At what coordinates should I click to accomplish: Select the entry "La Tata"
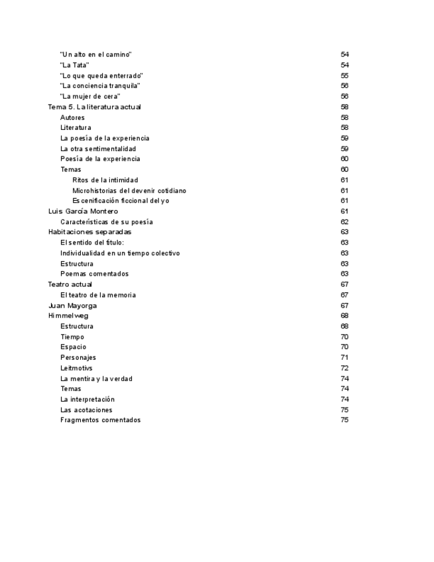(74, 65)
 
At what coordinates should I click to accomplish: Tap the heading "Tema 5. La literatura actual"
(94, 107)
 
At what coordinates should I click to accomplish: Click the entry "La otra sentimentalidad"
(98, 148)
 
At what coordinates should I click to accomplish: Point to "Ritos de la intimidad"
(105, 180)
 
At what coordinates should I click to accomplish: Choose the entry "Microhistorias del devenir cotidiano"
(129, 190)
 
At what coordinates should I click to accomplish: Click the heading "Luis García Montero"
(83, 211)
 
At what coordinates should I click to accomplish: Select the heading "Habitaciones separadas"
(89, 232)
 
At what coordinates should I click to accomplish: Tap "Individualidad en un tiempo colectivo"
(120, 253)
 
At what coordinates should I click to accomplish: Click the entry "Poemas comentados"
(94, 274)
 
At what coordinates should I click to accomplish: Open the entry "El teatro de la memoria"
(98, 295)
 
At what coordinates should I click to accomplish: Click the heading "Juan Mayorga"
(72, 306)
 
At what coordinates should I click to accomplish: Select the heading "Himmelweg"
(68, 315)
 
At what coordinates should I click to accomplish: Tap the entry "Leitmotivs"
(76, 368)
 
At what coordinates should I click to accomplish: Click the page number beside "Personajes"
(345, 358)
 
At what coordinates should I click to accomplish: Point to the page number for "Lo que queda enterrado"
(345, 76)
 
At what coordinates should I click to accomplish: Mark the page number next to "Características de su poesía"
(345, 222)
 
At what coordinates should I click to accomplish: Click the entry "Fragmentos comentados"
(100, 420)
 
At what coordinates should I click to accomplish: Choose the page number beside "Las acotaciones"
(345, 410)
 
